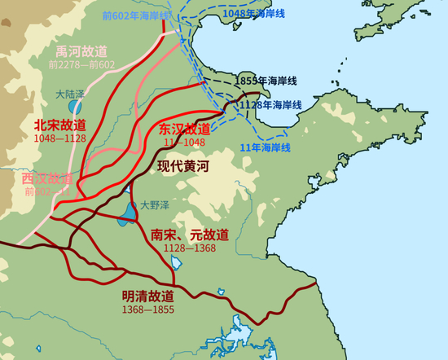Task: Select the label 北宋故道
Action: point(59,125)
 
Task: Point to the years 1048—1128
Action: point(59,138)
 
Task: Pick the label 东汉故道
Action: point(185,130)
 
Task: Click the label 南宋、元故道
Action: point(190,235)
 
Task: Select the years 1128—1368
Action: point(190,248)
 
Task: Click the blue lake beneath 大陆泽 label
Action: point(74,107)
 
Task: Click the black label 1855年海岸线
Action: point(266,81)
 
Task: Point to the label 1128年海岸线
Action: point(270,105)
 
